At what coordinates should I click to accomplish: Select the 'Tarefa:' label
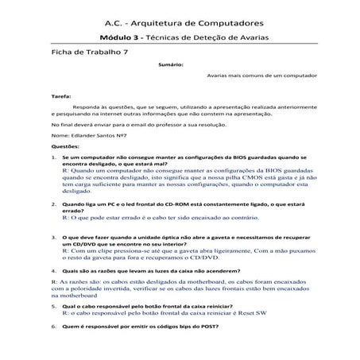tap(60, 95)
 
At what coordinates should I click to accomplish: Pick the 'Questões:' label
tap(64, 147)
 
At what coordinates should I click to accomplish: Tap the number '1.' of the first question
tap(53, 158)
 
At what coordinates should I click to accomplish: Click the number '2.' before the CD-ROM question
tap(53, 204)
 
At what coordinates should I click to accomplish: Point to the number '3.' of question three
tap(53, 236)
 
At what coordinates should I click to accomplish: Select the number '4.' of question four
tap(53, 271)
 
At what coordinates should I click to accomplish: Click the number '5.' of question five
tap(53, 306)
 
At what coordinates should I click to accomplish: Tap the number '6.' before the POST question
tap(53, 326)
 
